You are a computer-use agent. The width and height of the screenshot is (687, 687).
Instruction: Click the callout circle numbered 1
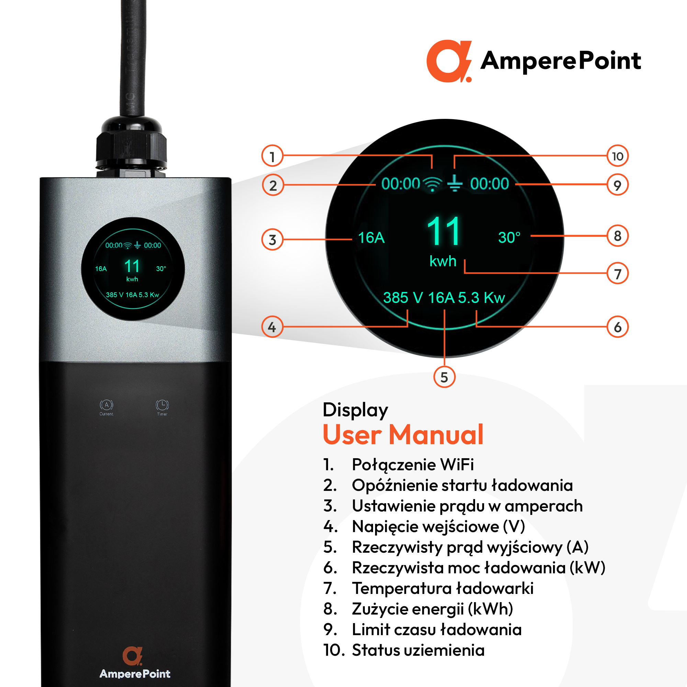pyautogui.click(x=272, y=156)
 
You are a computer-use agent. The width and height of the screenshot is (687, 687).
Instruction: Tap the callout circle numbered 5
pyautogui.click(x=444, y=377)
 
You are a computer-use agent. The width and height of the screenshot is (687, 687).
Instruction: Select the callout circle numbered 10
pyautogui.click(x=617, y=156)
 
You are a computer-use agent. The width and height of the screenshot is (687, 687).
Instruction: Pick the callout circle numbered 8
pyautogui.click(x=617, y=236)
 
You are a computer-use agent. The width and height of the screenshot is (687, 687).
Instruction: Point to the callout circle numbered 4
pyautogui.click(x=272, y=327)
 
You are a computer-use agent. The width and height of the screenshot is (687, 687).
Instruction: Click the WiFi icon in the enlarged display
pyautogui.click(x=432, y=184)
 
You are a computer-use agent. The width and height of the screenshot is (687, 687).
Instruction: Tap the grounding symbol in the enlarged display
pyautogui.click(x=454, y=183)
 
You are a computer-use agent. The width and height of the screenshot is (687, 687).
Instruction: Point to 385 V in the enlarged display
pyautogui.click(x=403, y=297)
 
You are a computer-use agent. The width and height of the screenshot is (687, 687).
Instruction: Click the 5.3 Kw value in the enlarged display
pyautogui.click(x=482, y=297)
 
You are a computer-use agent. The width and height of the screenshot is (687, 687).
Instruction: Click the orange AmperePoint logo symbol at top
pyautogui.click(x=449, y=61)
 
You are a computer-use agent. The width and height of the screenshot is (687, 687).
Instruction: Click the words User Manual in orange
pyautogui.click(x=403, y=434)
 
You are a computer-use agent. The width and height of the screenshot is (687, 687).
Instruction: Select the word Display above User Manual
pyautogui.click(x=355, y=410)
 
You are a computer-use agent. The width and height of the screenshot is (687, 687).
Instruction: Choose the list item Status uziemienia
pyautogui.click(x=418, y=650)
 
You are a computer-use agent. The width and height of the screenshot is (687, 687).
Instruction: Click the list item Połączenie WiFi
pyautogui.click(x=413, y=464)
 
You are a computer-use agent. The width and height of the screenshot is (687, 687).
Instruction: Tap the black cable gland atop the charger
pyautogui.click(x=131, y=148)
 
